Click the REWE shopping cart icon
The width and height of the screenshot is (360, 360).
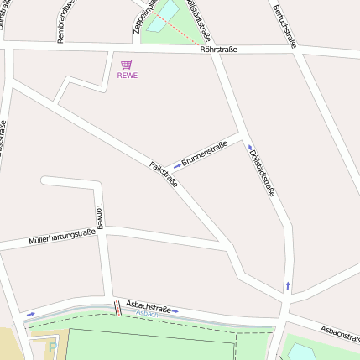click(x=127, y=64)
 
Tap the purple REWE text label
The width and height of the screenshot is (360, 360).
click(x=127, y=76)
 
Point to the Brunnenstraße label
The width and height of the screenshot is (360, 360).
click(x=205, y=152)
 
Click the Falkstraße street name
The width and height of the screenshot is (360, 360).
click(x=164, y=173)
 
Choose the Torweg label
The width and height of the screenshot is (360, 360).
click(x=100, y=216)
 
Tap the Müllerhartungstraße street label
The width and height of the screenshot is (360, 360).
click(x=61, y=237)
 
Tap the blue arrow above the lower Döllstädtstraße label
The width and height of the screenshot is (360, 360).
click(x=250, y=147)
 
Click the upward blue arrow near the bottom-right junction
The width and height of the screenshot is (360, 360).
click(x=288, y=285)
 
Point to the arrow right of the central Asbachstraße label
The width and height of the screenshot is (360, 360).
click(x=175, y=311)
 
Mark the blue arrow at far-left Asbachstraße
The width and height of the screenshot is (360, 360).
click(x=31, y=314)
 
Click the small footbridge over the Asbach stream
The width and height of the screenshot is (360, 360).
click(x=117, y=309)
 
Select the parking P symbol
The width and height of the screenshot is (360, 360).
click(x=52, y=346)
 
